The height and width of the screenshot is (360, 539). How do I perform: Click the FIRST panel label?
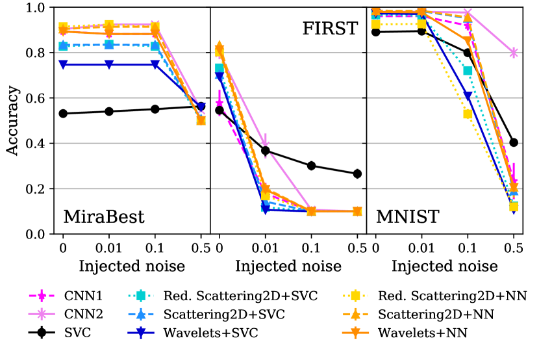pos(330,29)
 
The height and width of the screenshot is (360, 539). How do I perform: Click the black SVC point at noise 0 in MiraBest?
pos(63,113)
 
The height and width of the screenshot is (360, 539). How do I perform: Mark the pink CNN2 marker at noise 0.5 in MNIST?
pos(514,53)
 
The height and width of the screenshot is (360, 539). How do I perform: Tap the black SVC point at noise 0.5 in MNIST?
pos(514,142)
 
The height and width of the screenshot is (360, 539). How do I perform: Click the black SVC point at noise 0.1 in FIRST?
pos(311,166)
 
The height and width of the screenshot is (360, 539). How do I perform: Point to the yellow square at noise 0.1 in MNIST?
pos(468,114)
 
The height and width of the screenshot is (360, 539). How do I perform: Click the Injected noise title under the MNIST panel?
pos(444,266)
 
